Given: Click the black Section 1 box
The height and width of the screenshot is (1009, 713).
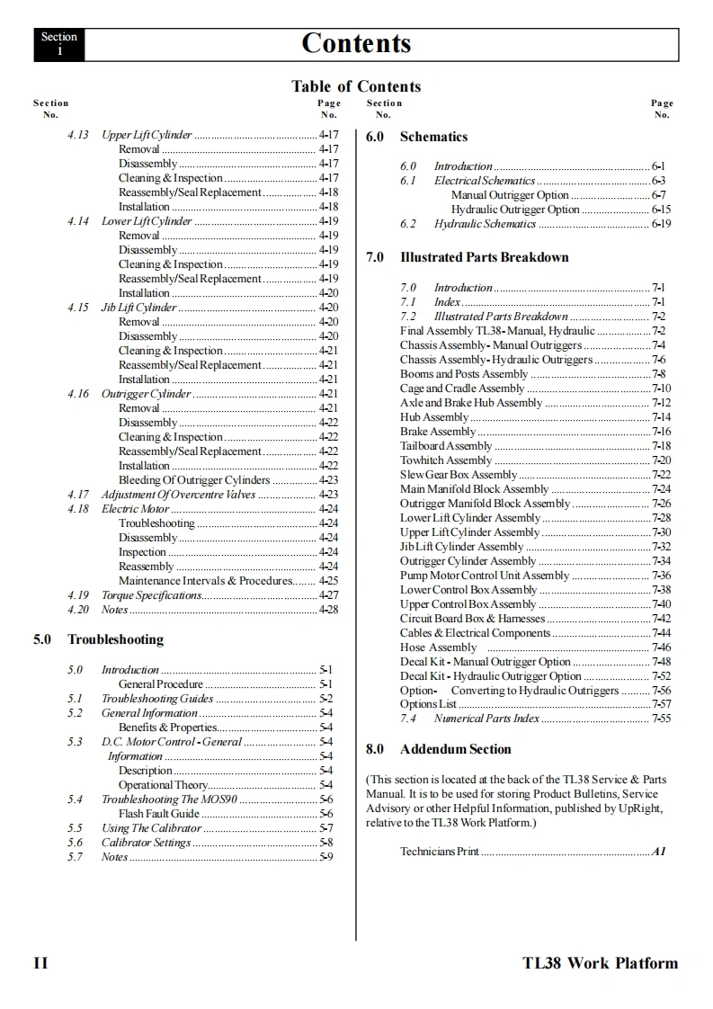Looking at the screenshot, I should click(59, 44).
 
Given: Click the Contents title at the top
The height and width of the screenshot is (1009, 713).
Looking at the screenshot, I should click(356, 42).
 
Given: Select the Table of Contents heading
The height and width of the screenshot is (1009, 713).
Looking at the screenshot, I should click(356, 86).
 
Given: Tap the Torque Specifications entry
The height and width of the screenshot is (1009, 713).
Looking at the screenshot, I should click(151, 595).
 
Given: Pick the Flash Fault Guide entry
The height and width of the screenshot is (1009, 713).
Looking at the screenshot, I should click(159, 814).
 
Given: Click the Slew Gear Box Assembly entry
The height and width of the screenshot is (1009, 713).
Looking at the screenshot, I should click(459, 475).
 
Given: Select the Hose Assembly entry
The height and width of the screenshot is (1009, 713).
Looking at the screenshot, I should click(439, 647).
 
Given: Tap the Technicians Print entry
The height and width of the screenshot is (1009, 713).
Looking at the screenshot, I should click(440, 852).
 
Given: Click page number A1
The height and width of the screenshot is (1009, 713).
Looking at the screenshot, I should click(659, 852).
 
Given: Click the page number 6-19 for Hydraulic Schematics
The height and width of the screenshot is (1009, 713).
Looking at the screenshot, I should click(661, 224).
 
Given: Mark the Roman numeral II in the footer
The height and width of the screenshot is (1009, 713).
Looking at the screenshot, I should click(40, 963).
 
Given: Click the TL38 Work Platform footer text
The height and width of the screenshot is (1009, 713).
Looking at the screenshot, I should click(600, 963).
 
